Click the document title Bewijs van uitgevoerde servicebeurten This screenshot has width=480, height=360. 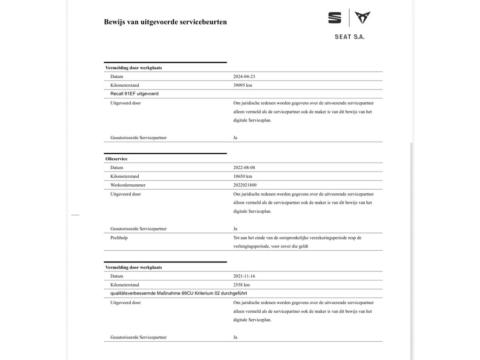point(165,22)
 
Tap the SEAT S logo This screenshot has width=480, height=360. point(335,18)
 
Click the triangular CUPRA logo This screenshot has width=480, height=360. point(362,18)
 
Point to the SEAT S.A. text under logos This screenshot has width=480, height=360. point(349,37)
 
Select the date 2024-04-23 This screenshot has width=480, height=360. point(244,76)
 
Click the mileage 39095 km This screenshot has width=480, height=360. point(243,85)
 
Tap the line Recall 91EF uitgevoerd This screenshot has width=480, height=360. point(135,94)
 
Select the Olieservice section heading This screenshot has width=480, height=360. point(116,159)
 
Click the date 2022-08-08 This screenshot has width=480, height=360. point(244,167)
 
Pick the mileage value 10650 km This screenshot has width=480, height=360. point(243,176)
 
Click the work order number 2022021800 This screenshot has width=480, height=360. point(245,185)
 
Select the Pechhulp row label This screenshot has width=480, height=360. point(119,238)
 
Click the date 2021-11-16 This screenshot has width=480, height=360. point(244,276)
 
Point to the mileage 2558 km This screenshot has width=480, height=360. point(241,285)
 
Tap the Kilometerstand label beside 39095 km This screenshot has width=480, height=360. point(125,85)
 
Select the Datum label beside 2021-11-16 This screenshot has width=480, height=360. point(117,276)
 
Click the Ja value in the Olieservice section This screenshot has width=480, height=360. point(235,229)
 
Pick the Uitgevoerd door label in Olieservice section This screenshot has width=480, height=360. point(126,194)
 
